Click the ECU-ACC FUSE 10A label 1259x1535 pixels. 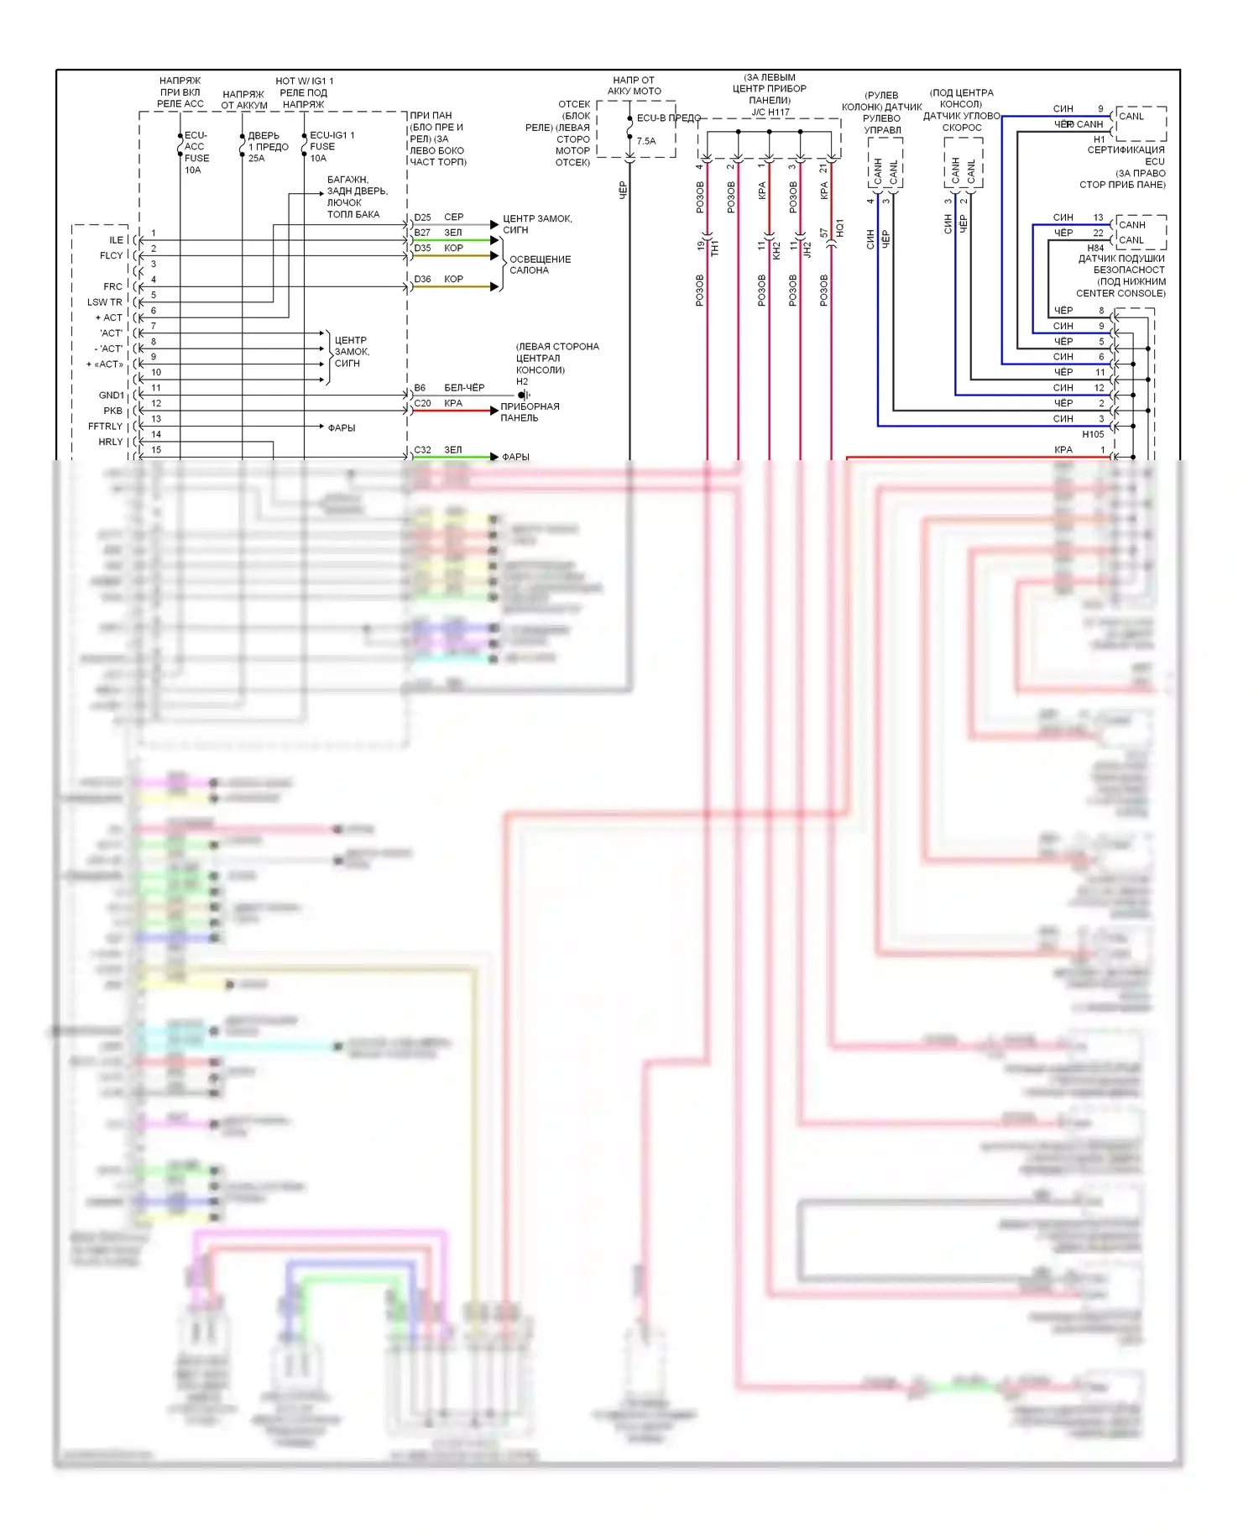pos(196,152)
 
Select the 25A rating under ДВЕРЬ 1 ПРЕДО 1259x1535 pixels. pos(256,158)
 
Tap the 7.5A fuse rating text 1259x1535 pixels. pos(646,141)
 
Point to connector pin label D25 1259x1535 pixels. pos(422,217)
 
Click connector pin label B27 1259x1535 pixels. pos(422,233)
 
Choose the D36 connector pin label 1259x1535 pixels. pos(422,279)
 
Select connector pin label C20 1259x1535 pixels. pos(422,403)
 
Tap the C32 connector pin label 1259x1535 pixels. pos(422,450)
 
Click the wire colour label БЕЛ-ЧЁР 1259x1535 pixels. pos(464,388)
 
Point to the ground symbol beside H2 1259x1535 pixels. pos(523,395)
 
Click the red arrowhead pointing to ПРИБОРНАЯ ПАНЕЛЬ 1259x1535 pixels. pos(494,411)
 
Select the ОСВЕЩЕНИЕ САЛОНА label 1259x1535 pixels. pos(540,265)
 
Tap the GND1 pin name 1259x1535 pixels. pos(111,396)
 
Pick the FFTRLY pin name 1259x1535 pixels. pos(105,427)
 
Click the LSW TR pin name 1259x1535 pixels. pos(104,302)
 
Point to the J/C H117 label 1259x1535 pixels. pos(770,113)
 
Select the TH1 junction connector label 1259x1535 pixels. pos(715,249)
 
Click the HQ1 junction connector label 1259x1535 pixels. pos(839,228)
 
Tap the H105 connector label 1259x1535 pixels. pos(1093,434)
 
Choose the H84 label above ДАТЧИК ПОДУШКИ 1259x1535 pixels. pos(1095,249)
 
